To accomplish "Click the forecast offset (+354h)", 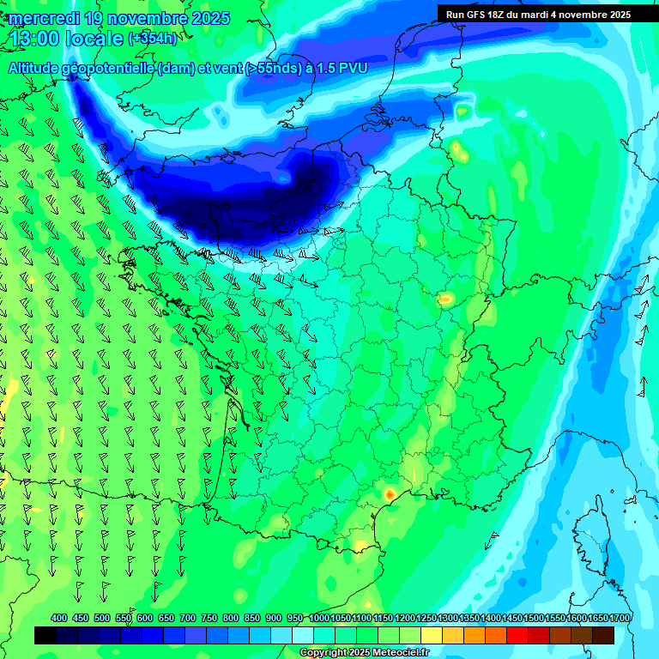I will click(x=153, y=39).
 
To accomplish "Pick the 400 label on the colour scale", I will click(x=59, y=619).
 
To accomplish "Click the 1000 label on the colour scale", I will click(x=319, y=619).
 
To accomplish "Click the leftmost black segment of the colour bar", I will click(x=45, y=635).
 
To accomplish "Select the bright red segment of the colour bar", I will click(x=517, y=635).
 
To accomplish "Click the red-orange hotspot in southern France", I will click(x=390, y=494).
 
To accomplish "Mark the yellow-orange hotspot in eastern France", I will click(x=445, y=299).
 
